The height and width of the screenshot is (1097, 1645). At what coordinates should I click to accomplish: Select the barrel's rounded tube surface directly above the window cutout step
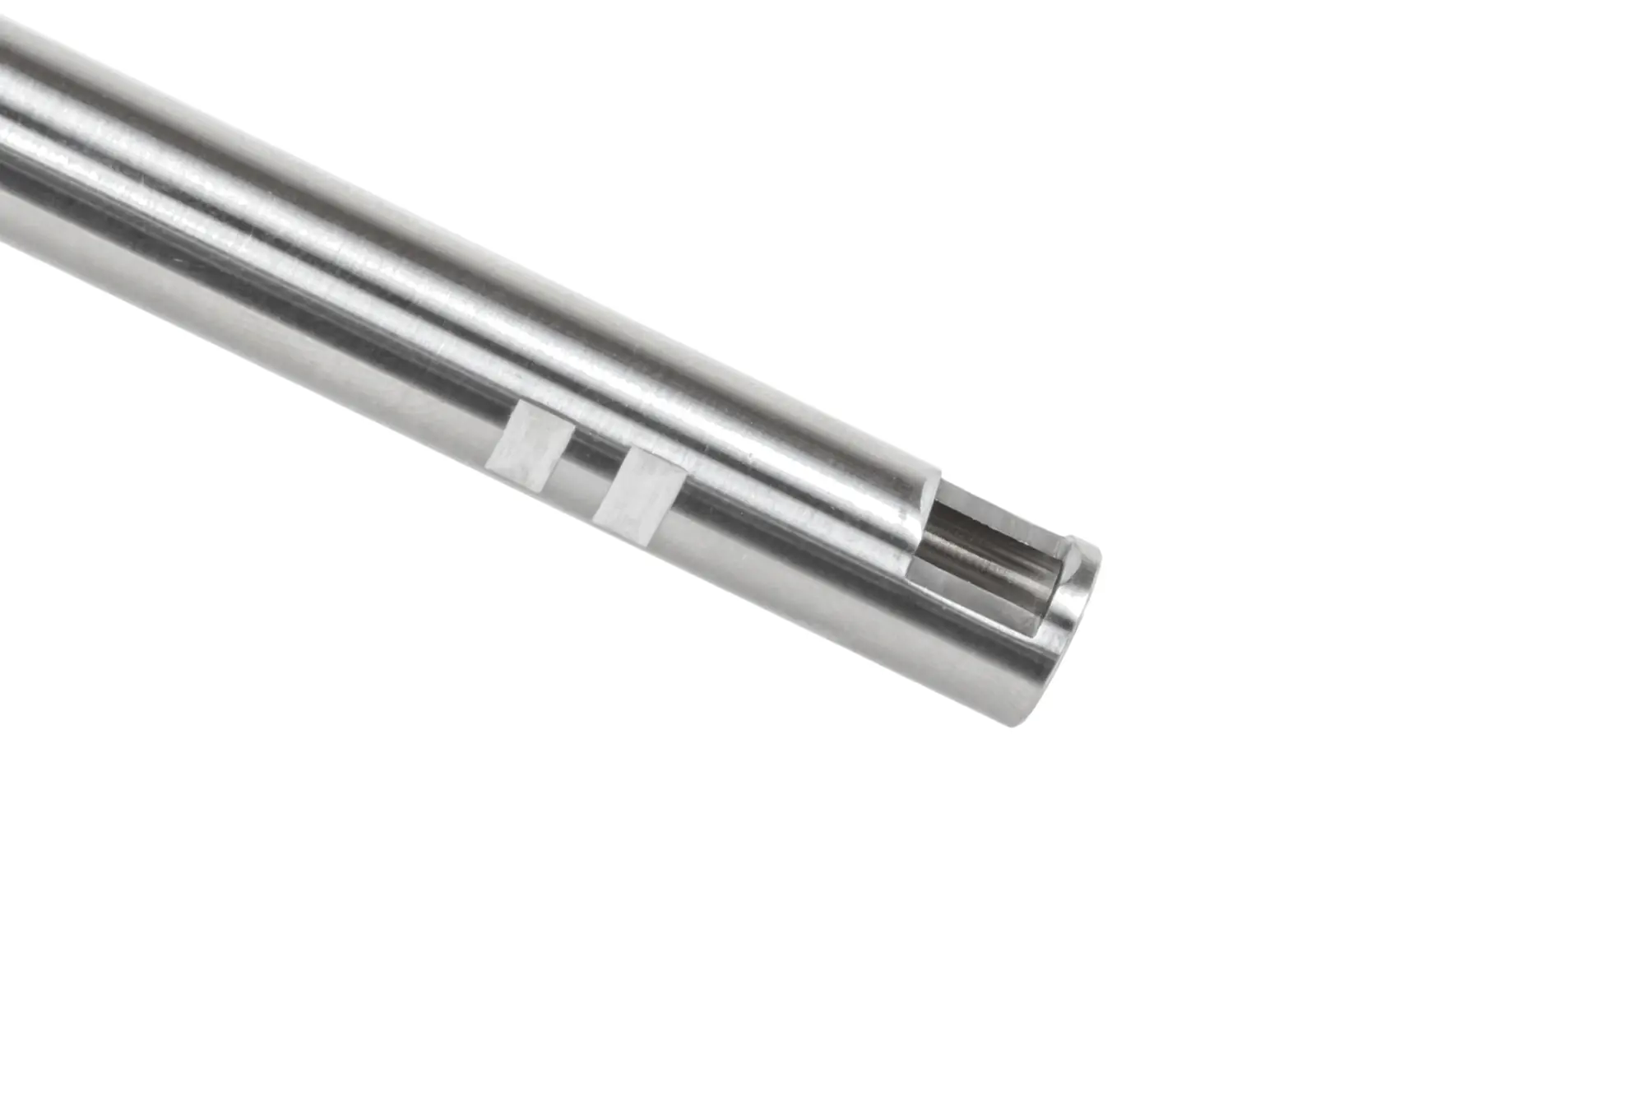click(x=888, y=461)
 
